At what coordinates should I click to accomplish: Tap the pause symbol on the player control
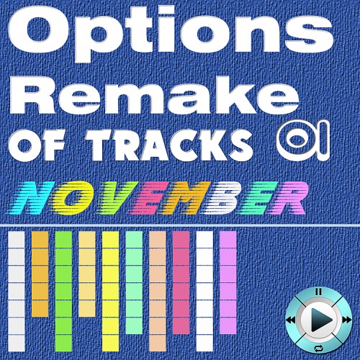pyautogui.click(x=318, y=292)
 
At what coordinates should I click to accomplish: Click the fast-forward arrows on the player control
pyautogui.click(x=346, y=320)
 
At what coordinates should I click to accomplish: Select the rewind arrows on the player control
pyautogui.click(x=291, y=320)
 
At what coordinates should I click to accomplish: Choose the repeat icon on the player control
pyautogui.click(x=319, y=348)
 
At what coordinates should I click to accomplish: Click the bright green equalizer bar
pyautogui.click(x=63, y=291)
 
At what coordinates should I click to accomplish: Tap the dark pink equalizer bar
pyautogui.click(x=181, y=282)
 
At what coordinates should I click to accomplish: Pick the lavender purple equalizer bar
pyautogui.click(x=228, y=282)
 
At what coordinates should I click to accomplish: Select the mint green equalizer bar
pyautogui.click(x=134, y=282)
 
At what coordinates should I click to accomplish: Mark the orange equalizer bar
pyautogui.click(x=40, y=274)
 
